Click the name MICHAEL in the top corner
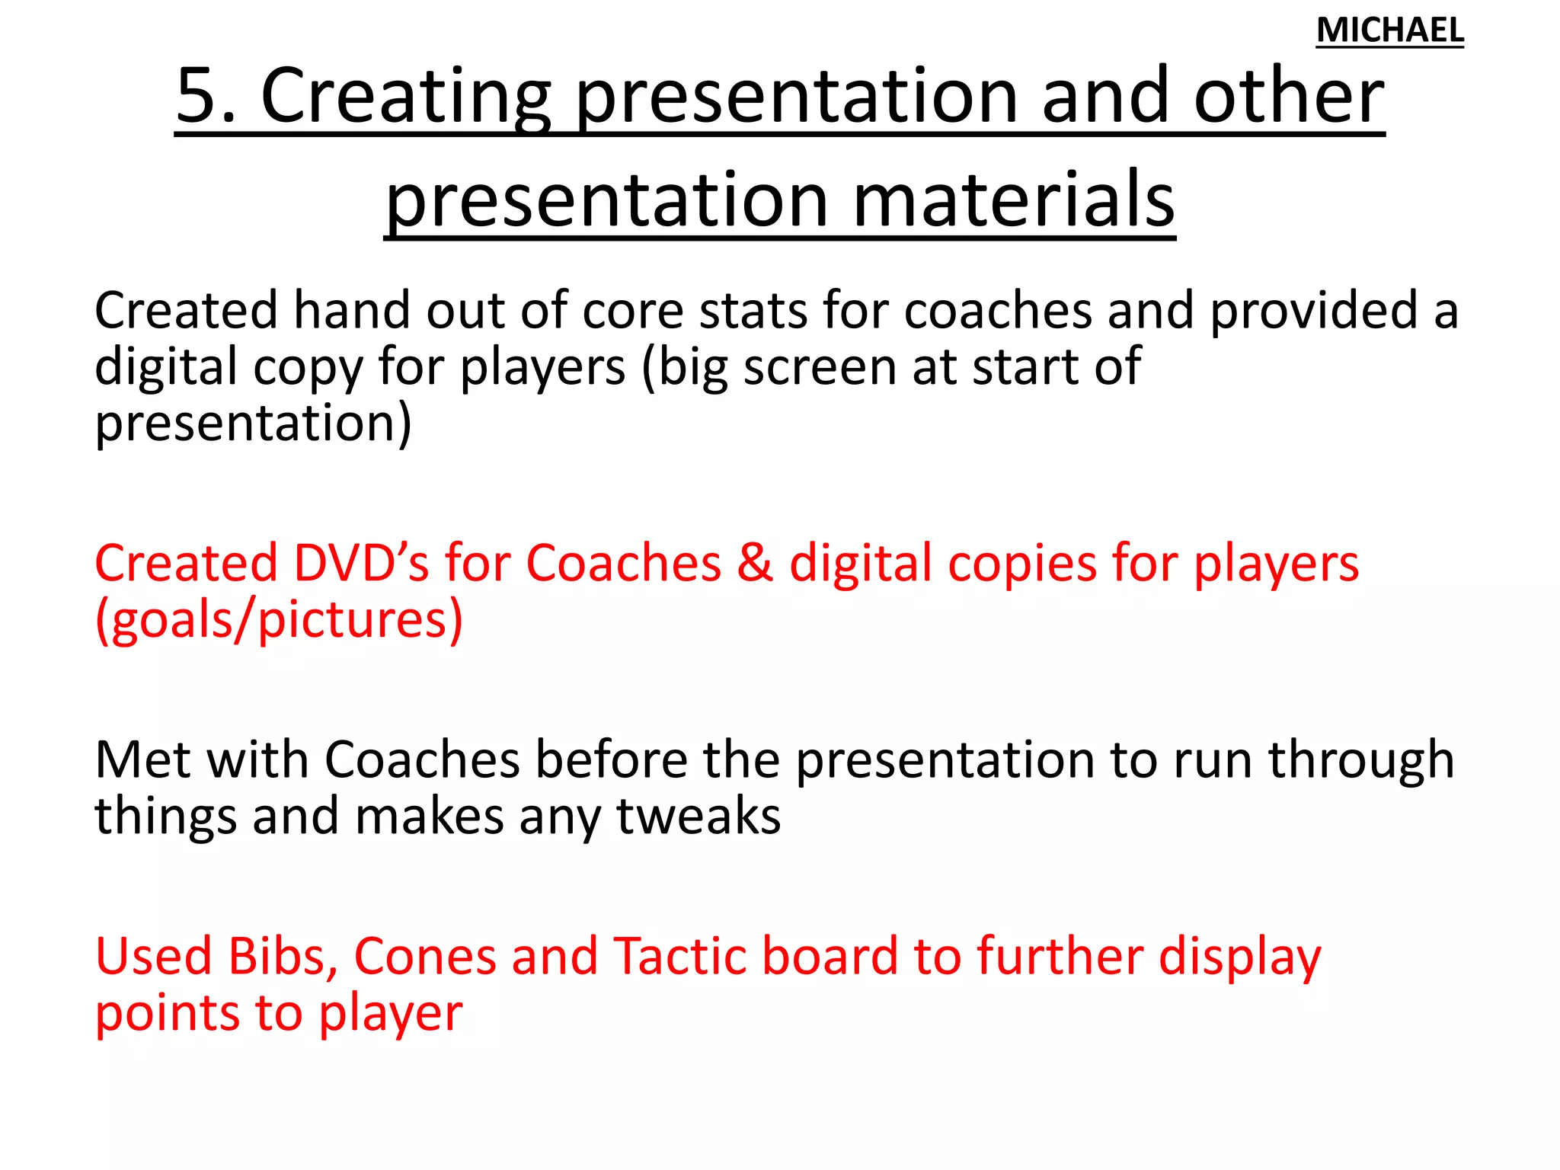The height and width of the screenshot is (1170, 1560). (x=1389, y=30)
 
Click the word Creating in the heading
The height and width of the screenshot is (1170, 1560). (x=405, y=97)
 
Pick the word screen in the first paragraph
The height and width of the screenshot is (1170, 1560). (x=820, y=367)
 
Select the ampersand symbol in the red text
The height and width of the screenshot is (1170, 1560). (x=755, y=564)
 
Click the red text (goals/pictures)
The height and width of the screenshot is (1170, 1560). (x=279, y=620)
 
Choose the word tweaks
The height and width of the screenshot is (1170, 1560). (x=698, y=817)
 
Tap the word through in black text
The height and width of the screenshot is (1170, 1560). (x=1360, y=760)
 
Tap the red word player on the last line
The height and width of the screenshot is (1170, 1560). (x=390, y=1015)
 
